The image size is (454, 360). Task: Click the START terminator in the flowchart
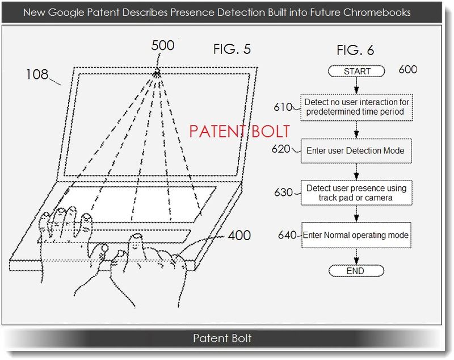click(x=356, y=71)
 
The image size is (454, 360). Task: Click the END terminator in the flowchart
click(x=356, y=271)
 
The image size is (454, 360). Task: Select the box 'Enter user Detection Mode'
click(x=356, y=150)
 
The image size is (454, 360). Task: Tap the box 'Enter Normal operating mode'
click(x=356, y=235)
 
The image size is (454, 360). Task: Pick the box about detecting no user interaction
click(x=356, y=107)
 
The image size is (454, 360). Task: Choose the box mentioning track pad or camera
click(x=356, y=193)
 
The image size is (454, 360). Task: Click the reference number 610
click(x=283, y=107)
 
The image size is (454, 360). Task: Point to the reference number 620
click(x=281, y=149)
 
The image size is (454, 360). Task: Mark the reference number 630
click(x=283, y=192)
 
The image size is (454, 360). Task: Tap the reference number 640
click(x=287, y=235)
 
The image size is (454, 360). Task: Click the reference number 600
click(x=407, y=69)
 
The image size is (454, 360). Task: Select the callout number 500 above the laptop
click(x=163, y=45)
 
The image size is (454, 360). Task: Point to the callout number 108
click(x=37, y=74)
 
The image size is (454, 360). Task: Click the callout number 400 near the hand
click(x=239, y=235)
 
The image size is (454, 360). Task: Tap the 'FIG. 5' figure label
click(x=232, y=49)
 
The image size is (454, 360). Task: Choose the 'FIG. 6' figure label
click(x=355, y=50)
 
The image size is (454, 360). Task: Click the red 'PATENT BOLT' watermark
click(x=239, y=132)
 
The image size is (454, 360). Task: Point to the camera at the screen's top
click(x=157, y=73)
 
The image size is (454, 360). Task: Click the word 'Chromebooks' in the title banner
click(x=377, y=12)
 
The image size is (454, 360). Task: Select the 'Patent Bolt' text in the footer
click(x=222, y=338)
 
